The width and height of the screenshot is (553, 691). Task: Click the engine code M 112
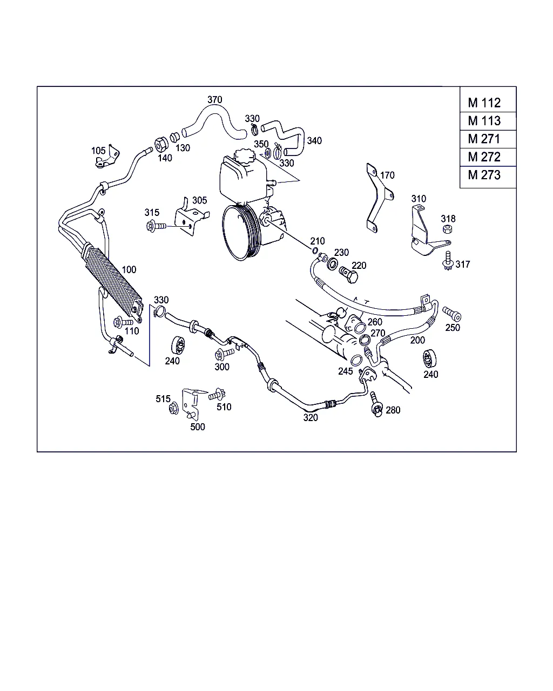coord(484,103)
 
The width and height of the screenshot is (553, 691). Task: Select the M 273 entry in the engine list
coord(484,175)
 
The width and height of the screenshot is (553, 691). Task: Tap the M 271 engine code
coord(484,139)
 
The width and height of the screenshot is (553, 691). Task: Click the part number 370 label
coord(214,100)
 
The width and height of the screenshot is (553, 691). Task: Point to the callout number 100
coord(129,269)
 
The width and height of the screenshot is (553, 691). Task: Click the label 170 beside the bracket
coord(387,175)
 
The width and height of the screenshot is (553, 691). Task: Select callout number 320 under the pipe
coord(311,417)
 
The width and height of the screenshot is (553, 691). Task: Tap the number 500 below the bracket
coord(198,426)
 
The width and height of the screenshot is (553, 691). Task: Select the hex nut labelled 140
coord(161,145)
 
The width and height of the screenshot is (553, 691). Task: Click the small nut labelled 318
coord(447,229)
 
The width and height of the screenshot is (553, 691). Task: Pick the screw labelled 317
coord(447,261)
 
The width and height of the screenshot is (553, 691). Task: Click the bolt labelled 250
coord(451,313)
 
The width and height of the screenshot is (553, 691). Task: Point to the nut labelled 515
coord(174,408)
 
